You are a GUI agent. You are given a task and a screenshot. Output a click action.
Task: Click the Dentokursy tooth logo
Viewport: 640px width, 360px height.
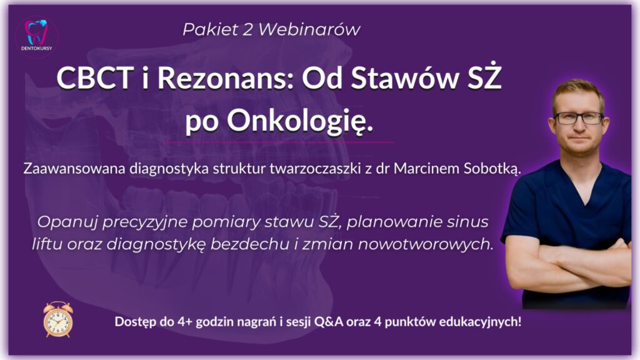click(x=36, y=36)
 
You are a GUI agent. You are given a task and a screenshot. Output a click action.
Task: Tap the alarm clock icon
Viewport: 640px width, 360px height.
click(x=58, y=319)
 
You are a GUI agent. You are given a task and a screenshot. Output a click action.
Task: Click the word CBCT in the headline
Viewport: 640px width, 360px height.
click(x=95, y=78)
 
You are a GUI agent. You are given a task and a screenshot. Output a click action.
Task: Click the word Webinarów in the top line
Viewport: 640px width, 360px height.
click(x=309, y=29)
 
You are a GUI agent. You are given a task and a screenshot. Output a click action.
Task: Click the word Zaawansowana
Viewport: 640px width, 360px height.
click(x=74, y=169)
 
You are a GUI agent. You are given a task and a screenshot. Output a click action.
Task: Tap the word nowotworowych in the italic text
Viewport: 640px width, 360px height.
click(x=425, y=244)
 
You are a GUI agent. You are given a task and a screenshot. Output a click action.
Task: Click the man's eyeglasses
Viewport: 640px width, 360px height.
click(x=578, y=118)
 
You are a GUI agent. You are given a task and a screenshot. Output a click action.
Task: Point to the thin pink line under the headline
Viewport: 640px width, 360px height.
click(x=279, y=142)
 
